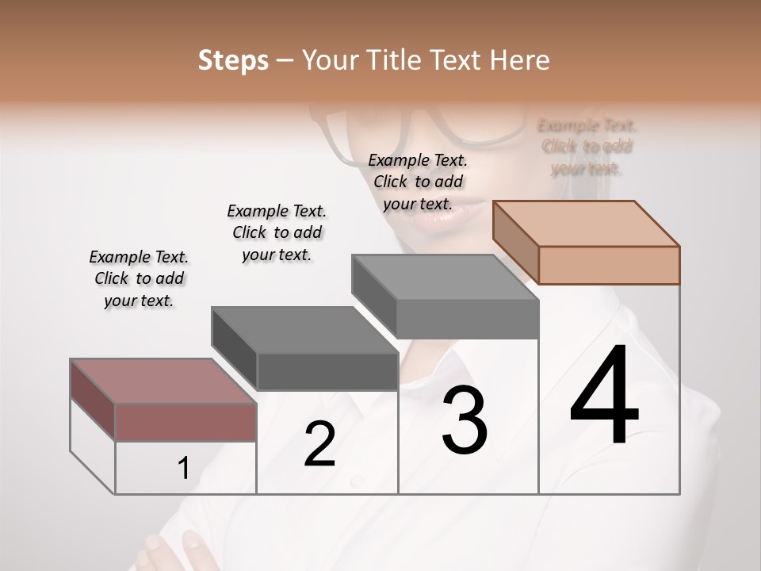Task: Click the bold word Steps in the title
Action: tap(233, 60)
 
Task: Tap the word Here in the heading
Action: tap(519, 60)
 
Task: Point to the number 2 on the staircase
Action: tap(319, 444)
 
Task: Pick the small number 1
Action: tap(183, 469)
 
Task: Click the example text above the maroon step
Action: tap(139, 279)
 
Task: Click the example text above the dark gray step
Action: tap(277, 232)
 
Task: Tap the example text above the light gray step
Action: tap(418, 182)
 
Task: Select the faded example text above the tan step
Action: tap(587, 147)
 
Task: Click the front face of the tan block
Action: tap(609, 265)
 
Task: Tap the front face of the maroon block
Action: tap(185, 422)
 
